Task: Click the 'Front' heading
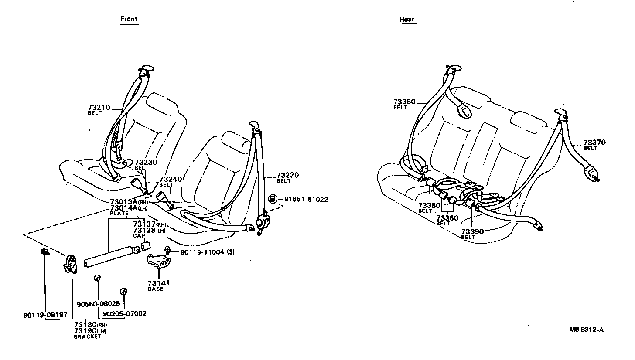click(x=129, y=19)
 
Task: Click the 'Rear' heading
click(x=407, y=19)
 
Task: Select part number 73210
click(x=99, y=107)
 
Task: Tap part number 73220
click(x=287, y=175)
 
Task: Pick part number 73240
click(x=170, y=179)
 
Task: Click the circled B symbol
click(x=273, y=200)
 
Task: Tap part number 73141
click(x=158, y=283)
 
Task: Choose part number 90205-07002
click(x=125, y=313)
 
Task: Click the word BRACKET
click(x=87, y=337)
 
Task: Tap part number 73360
click(x=404, y=102)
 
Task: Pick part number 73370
click(x=594, y=143)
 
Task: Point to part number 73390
click(x=473, y=231)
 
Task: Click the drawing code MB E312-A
click(x=586, y=329)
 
